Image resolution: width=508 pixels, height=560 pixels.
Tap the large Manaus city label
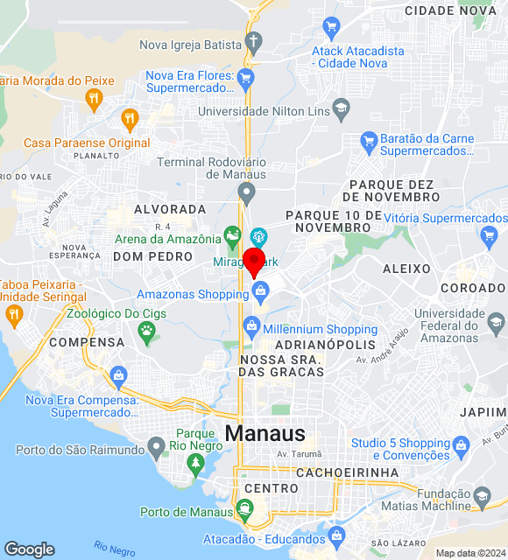tap(265, 433)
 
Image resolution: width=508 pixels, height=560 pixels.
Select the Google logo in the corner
tap(29, 549)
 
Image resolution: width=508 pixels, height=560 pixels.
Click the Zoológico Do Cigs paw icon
tap(146, 331)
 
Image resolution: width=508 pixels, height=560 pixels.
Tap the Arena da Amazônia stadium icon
tap(232, 234)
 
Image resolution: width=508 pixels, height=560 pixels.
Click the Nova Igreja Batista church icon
tap(253, 41)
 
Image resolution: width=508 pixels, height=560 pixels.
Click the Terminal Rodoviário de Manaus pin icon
tap(248, 191)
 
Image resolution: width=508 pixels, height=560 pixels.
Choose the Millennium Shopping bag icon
tap(251, 326)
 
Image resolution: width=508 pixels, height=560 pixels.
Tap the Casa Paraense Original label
tap(87, 143)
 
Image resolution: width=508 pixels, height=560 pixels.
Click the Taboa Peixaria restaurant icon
tap(13, 314)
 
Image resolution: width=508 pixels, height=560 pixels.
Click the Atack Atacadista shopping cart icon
tap(331, 26)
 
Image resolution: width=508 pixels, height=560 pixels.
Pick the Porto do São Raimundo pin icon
tap(157, 449)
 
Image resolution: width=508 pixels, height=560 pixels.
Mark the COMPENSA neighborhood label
tap(87, 342)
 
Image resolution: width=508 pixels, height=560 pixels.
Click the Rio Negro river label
tap(115, 549)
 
